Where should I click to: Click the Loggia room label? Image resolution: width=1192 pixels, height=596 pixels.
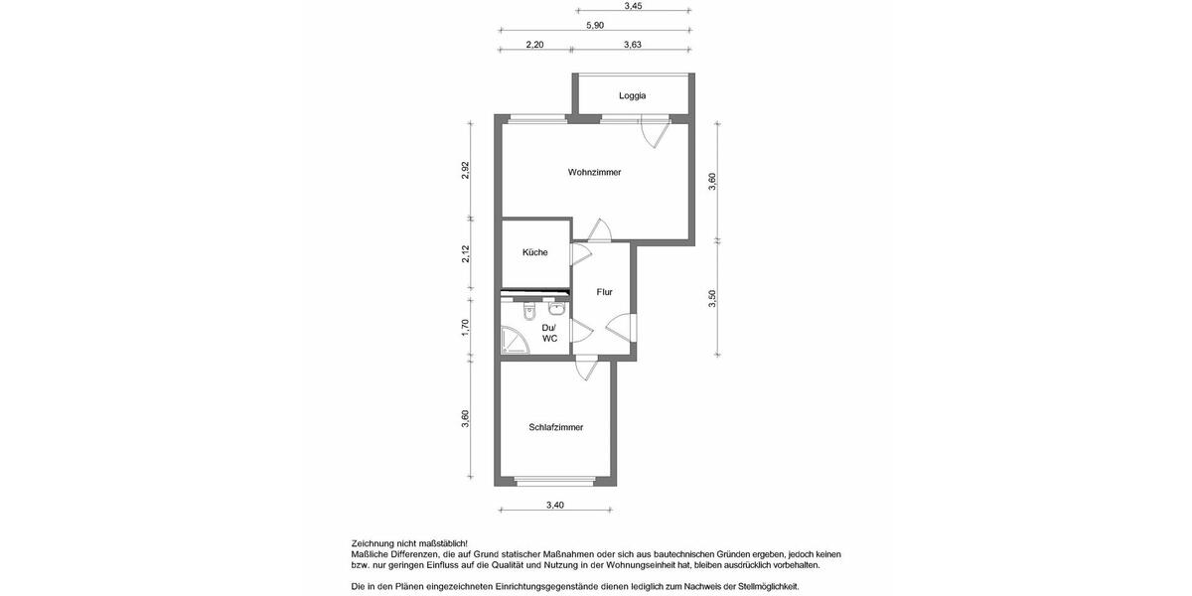tap(633, 96)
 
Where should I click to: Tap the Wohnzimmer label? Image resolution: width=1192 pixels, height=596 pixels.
tap(595, 173)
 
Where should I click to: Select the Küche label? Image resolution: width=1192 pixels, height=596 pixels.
tap(535, 252)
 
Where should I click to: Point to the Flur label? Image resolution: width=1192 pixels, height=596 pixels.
tap(605, 292)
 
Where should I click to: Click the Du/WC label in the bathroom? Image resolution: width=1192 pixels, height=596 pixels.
tap(549, 333)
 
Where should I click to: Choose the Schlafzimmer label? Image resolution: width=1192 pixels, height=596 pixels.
tap(556, 427)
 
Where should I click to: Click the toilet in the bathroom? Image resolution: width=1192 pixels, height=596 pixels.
tap(529, 312)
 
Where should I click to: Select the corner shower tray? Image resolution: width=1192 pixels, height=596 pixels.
tap(515, 343)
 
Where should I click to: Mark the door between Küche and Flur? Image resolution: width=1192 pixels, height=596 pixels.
tap(579, 253)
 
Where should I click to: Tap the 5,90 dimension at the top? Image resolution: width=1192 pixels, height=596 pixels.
tap(595, 26)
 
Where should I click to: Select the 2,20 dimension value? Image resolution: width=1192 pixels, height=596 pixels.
tap(534, 45)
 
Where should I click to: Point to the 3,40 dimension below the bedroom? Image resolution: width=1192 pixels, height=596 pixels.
tap(555, 506)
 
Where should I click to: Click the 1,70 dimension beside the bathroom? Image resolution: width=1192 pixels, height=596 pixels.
tap(465, 328)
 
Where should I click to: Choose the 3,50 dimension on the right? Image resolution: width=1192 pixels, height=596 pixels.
tap(712, 299)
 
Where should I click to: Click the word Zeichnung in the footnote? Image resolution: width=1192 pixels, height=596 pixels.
tap(372, 543)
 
